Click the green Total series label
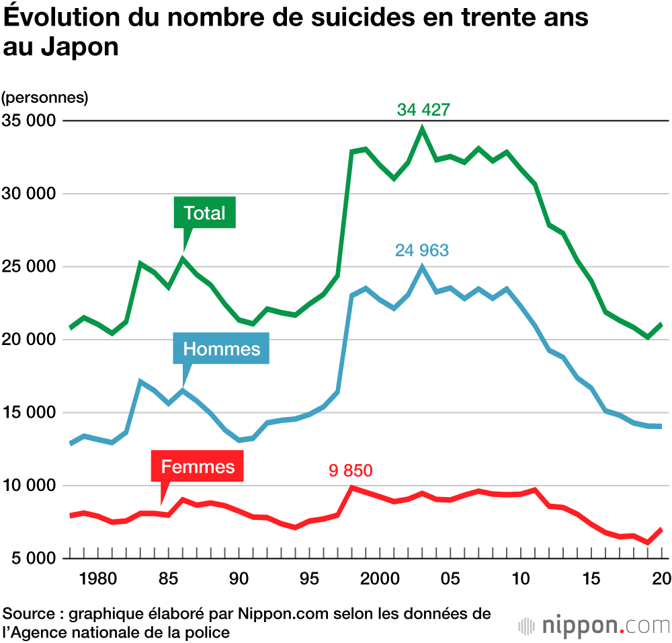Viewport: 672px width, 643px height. [204, 214]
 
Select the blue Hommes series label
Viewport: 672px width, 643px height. [221, 349]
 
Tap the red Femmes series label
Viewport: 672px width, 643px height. [198, 467]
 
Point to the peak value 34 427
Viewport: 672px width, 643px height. [423, 110]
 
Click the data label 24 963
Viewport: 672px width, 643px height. [421, 251]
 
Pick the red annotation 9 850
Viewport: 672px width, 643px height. [350, 470]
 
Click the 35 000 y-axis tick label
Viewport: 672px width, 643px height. [28, 121]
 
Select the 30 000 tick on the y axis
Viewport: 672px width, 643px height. [28, 194]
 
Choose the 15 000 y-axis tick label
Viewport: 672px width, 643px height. [28, 413]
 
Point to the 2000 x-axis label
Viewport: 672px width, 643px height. [380, 578]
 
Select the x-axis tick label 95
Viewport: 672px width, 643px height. [308, 578]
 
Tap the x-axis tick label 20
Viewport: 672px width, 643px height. [661, 578]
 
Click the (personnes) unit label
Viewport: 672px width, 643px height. [45, 98]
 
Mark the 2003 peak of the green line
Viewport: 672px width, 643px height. [423, 127]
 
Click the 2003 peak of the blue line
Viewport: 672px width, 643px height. [422, 267]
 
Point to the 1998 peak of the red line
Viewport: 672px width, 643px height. [351, 487]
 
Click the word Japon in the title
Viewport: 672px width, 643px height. [75, 48]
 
